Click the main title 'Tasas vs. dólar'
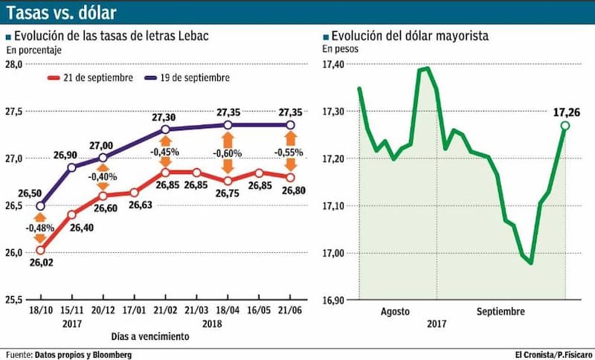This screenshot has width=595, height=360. pos(61,13)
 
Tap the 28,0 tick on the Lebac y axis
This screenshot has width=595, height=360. pos(13,64)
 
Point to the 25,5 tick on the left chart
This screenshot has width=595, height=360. pos(13,300)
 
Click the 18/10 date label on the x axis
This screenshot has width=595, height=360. pos(41,310)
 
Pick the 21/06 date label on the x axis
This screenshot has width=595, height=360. pos(290,310)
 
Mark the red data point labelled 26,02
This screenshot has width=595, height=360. pos(40,251)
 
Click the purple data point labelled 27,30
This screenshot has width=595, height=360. pos(165,129)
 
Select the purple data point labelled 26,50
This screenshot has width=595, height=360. pos(40,206)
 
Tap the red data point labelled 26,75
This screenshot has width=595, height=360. pos(228,181)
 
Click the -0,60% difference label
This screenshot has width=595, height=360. pos(228,154)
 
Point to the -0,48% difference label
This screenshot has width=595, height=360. pos(40,228)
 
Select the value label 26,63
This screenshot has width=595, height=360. pos(140,205)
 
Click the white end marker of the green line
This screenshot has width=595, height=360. pos(565,126)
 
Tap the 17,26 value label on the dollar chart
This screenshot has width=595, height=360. pos(567,112)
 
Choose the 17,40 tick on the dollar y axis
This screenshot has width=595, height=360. pos(332,64)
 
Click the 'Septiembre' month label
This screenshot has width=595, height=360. pos(501,312)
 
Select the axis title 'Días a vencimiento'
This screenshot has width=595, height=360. pos(150,336)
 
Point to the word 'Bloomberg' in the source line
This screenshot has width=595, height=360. pos(112,355)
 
